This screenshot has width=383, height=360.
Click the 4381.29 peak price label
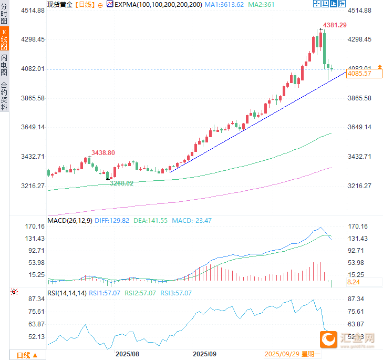[x=335, y=25]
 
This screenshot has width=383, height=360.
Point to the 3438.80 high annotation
[x=103, y=152]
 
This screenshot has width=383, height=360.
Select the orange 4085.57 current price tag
[x=359, y=74]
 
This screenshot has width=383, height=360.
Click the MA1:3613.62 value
[x=224, y=4]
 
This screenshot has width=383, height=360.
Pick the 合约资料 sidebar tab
[x=4, y=95]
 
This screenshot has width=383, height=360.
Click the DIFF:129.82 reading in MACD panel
[x=112, y=221]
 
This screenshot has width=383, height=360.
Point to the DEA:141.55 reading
[x=151, y=221]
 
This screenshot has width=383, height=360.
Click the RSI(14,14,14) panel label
[x=67, y=293]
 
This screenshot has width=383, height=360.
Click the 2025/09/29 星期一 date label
[x=292, y=355]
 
